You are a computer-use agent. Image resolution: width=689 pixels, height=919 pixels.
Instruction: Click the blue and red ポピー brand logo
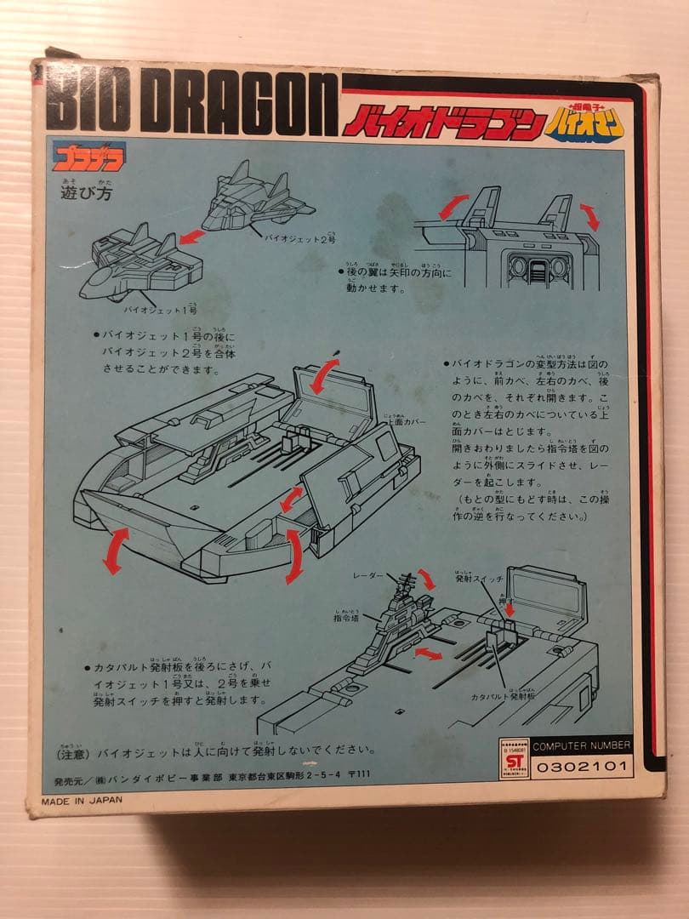coord(88,156)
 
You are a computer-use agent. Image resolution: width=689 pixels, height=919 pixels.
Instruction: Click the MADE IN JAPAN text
coord(83,800)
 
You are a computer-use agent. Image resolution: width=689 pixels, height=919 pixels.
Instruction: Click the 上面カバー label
coord(405,422)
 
